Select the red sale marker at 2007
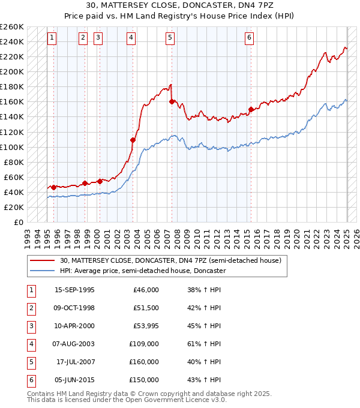tap(172, 102)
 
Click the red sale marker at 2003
tap(133, 140)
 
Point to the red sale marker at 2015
tap(251, 109)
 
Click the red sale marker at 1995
tap(53, 187)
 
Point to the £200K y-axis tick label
tap(11, 71)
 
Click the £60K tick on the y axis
tap(14, 177)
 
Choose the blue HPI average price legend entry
tap(142, 271)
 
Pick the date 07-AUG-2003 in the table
tap(74, 344)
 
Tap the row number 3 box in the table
tap(30, 326)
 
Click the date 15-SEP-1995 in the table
tap(74, 290)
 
